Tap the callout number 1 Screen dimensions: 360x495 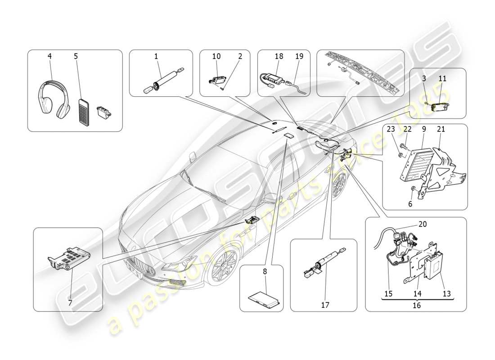click(156, 57)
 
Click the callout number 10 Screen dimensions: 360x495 click(216, 56)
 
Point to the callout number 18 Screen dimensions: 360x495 click(279, 56)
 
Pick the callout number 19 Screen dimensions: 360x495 click(299, 56)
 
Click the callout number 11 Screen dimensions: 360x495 click(442, 78)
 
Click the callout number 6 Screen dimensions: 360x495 click(410, 204)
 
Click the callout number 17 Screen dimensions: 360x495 click(325, 305)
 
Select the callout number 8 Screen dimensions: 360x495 click(265, 271)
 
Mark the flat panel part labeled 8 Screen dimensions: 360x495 click(265, 299)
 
